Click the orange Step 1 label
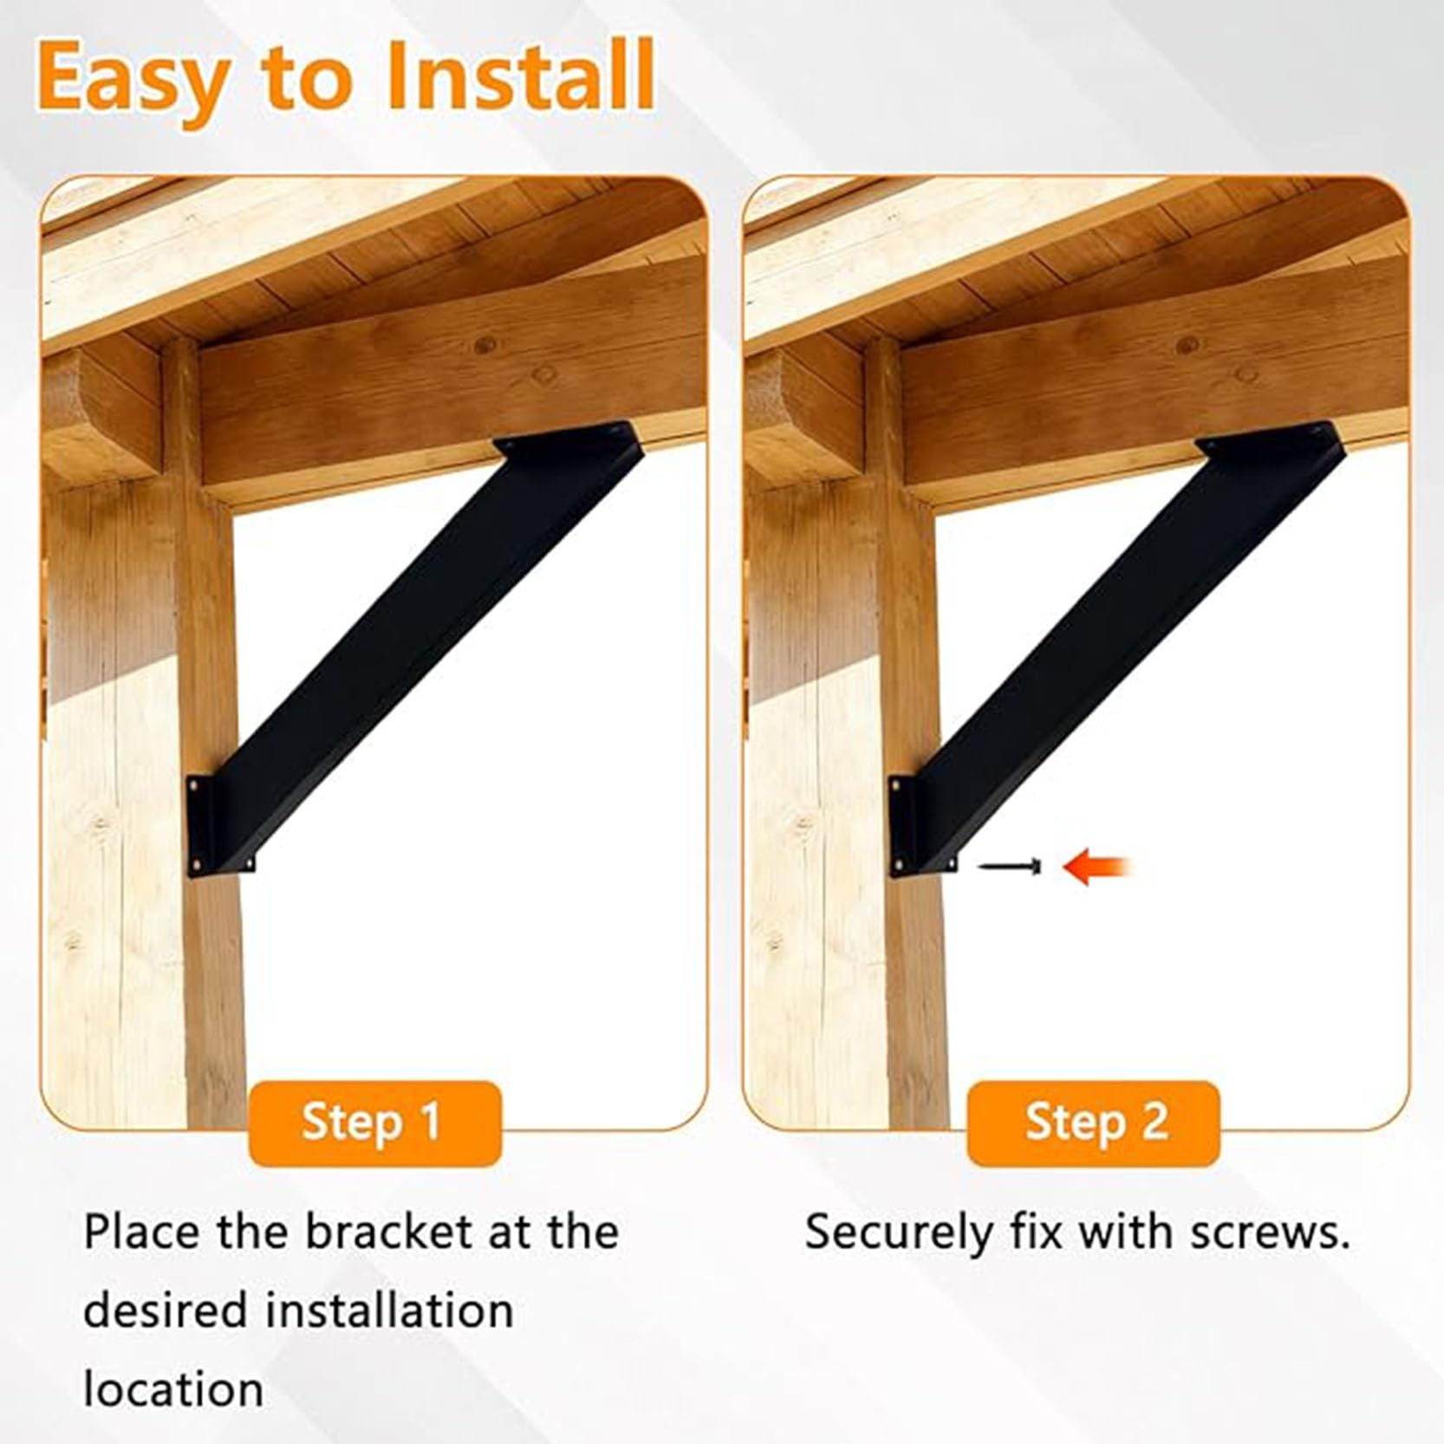click(374, 1122)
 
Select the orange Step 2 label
click(1094, 1122)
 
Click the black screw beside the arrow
click(1010, 865)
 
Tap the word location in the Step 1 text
click(173, 1389)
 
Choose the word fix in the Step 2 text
click(1037, 1232)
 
